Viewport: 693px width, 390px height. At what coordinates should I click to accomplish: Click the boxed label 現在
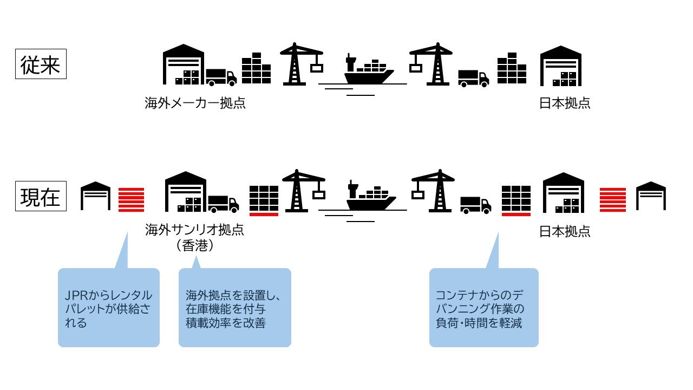41,197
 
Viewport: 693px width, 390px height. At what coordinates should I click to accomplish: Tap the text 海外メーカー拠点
195,103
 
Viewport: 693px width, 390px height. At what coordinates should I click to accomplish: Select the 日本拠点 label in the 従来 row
565,103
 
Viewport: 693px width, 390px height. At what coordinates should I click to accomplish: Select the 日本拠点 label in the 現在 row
565,232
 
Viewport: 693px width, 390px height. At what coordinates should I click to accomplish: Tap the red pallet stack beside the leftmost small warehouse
131,199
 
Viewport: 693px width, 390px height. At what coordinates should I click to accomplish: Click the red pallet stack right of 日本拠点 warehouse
613,199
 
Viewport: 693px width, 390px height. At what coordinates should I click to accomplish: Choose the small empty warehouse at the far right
651,196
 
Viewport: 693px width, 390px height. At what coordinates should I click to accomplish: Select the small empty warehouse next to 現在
95,196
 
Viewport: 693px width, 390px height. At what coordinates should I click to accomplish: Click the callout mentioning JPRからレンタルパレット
108,307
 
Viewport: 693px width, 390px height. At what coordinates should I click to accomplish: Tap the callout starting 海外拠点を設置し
234,307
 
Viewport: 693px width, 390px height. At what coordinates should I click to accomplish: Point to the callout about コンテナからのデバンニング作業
483,307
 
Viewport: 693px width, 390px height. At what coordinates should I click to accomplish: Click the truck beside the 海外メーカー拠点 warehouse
221,77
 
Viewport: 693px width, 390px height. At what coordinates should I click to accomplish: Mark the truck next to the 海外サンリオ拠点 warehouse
223,204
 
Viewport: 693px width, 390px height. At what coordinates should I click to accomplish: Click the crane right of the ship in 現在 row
433,192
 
